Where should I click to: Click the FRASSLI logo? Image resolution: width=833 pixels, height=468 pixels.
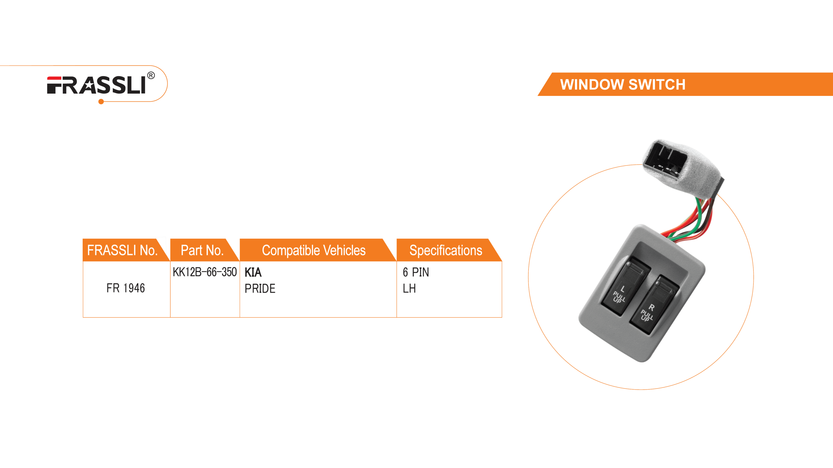tap(96, 85)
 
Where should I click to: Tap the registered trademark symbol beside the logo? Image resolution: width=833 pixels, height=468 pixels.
tap(151, 76)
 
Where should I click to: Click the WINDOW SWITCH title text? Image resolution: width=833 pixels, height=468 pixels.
tap(622, 84)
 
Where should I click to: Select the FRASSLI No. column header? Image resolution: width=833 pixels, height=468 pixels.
tap(122, 250)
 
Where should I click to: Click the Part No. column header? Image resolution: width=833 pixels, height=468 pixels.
tap(202, 250)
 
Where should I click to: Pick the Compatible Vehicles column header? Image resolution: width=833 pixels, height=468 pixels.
tap(314, 250)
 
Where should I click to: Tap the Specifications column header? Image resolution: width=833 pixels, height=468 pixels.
tap(445, 250)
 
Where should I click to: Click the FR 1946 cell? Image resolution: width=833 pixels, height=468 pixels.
tap(126, 288)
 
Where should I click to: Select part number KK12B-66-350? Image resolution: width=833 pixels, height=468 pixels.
tap(205, 272)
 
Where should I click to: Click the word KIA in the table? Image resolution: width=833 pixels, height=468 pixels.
tap(253, 272)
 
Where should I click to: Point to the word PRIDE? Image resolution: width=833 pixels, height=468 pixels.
tap(260, 288)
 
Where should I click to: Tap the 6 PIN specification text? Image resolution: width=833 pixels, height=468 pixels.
tap(416, 272)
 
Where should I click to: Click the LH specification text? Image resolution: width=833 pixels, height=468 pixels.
tap(409, 288)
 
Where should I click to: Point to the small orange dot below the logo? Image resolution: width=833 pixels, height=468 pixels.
tap(101, 102)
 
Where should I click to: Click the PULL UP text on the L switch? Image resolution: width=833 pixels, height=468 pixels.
tap(618, 297)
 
